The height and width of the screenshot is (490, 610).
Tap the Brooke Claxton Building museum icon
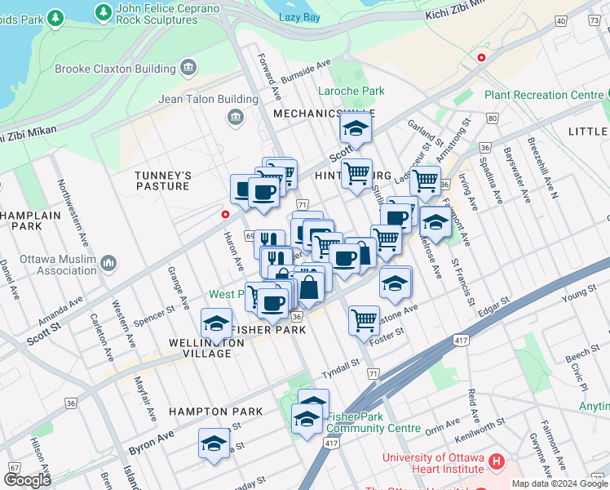pyautogui.click(x=189, y=66)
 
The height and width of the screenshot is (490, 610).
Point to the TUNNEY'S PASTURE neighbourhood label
pyautogui.click(x=163, y=180)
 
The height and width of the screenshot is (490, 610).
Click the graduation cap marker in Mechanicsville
pyautogui.click(x=356, y=129)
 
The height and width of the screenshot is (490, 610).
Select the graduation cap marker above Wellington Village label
pyautogui.click(x=217, y=323)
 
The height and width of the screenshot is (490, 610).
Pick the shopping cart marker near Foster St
pyautogui.click(x=363, y=318)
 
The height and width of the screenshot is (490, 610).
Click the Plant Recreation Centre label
pyautogui.click(x=543, y=96)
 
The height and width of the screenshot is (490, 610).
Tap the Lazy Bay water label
pyautogui.click(x=299, y=17)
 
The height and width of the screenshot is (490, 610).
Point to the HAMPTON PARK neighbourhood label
pyautogui.click(x=216, y=412)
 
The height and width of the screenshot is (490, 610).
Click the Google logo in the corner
pyautogui.click(x=29, y=480)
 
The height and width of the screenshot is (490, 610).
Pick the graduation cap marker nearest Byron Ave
pyautogui.click(x=214, y=443)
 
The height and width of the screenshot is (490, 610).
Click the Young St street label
pyautogui.click(x=580, y=293)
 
